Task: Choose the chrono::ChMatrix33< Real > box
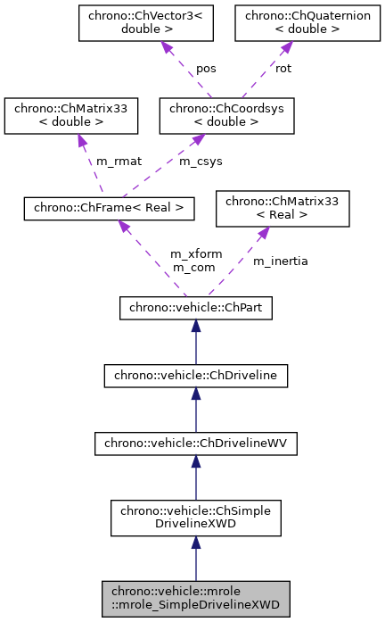[x=282, y=209]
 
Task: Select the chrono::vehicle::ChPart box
[x=195, y=309]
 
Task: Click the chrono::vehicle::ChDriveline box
[x=195, y=375]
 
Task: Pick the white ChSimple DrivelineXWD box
[x=195, y=517]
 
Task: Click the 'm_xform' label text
[x=196, y=254]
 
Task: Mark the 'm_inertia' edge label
[x=281, y=261]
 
